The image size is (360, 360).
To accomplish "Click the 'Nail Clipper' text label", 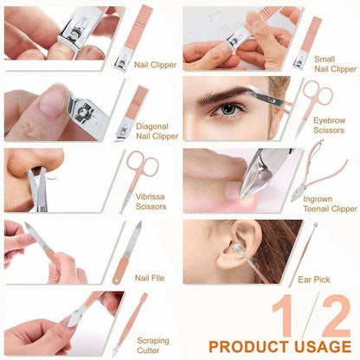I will [x=156, y=63].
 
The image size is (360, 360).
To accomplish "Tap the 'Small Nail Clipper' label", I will [x=335, y=62].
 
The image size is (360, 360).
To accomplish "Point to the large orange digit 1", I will [x=285, y=315].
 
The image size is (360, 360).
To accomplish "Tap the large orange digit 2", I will [x=332, y=315].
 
